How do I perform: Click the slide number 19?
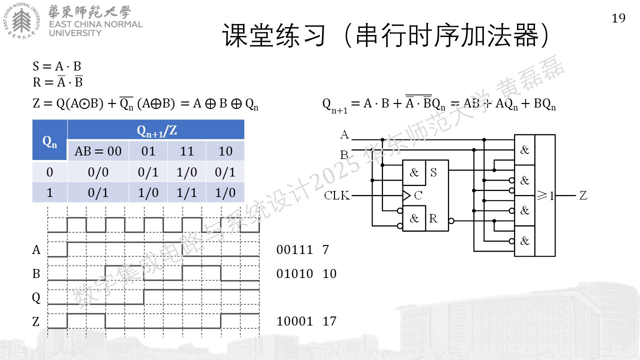click(x=618, y=18)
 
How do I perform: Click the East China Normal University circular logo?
click(x=21, y=21)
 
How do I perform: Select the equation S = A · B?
click(x=57, y=66)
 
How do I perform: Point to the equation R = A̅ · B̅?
click(x=57, y=81)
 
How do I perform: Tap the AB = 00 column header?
click(x=98, y=151)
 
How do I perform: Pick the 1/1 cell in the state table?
click(x=186, y=192)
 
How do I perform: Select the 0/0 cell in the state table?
click(x=98, y=172)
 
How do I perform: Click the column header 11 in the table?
click(x=186, y=151)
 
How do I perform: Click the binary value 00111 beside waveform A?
click(x=294, y=249)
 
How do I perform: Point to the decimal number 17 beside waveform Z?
click(x=329, y=321)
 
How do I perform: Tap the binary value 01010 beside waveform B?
click(x=294, y=273)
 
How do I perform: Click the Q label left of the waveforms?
click(x=36, y=297)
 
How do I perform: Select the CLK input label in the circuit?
click(x=337, y=195)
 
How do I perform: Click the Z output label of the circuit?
click(x=583, y=195)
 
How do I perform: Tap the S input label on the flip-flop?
click(x=433, y=172)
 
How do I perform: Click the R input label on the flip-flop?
click(x=433, y=218)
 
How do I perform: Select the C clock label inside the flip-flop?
click(x=418, y=195)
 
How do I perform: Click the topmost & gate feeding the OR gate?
click(x=524, y=149)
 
